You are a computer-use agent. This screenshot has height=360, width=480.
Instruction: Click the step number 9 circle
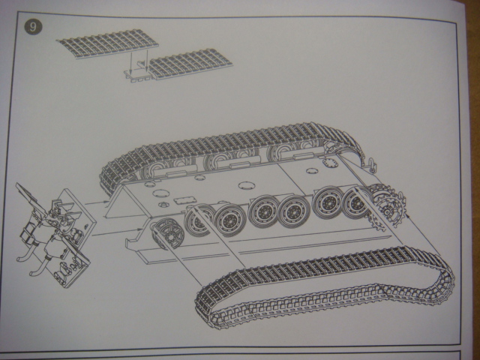tap(33, 27)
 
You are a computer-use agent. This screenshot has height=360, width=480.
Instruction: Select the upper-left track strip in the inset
tap(107, 43)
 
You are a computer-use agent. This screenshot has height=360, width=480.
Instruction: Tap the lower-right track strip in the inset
tap(190, 64)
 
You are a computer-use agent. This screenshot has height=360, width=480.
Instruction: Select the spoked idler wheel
tap(168, 234)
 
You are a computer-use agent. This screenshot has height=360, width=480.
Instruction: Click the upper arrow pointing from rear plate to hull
tap(97, 202)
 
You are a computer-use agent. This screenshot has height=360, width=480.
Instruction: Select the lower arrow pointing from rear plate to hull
tap(118, 232)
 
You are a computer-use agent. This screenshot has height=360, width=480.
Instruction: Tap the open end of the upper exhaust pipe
tap(19, 259)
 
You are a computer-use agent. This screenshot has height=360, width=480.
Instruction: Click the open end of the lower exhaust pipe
tap(31, 273)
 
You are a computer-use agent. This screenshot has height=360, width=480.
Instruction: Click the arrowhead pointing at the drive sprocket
tap(407, 215)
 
